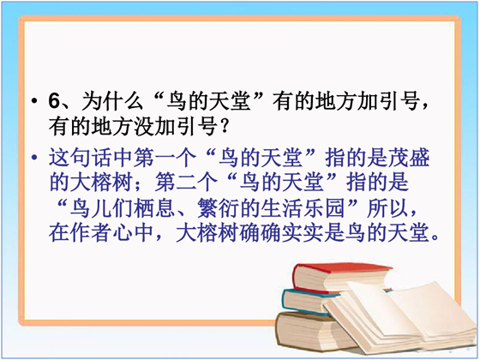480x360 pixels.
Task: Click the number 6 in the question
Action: point(54,100)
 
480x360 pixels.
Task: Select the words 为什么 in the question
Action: point(112,101)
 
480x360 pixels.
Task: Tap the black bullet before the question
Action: point(34,101)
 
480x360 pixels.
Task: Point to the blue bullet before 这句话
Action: point(34,158)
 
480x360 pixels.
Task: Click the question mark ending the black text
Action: point(225,126)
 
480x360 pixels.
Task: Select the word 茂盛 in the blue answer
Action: point(409,158)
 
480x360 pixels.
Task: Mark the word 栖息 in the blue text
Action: point(154,208)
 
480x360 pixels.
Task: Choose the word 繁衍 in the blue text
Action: point(218,208)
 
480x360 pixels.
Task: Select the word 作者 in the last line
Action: point(91,233)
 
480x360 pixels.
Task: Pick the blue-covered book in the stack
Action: point(309,301)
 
